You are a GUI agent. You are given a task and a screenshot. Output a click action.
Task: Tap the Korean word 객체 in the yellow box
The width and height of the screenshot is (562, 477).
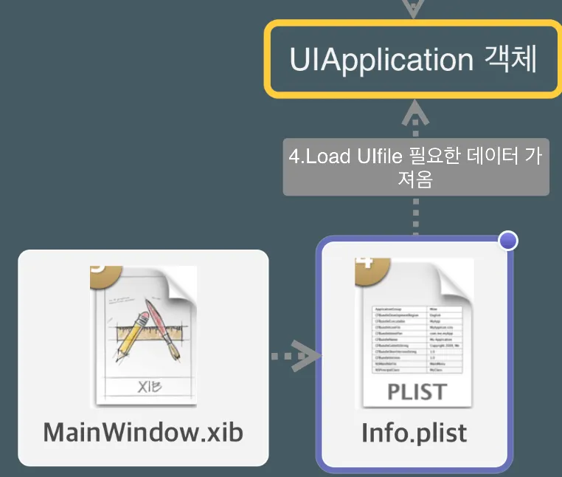point(510,60)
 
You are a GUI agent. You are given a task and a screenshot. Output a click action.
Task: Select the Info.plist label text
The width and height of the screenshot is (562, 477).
point(414,432)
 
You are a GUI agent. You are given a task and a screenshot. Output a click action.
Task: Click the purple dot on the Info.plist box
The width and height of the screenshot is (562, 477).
point(508,241)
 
